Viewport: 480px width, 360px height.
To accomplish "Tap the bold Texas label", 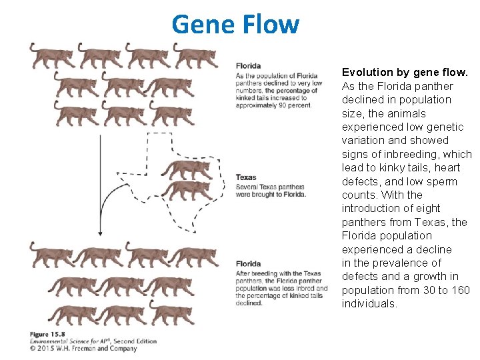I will (x=246, y=178).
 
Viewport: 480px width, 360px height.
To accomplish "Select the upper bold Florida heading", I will (x=248, y=65).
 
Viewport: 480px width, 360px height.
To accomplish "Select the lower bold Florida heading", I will (x=248, y=264).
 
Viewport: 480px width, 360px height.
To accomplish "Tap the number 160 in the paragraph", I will (x=460, y=290).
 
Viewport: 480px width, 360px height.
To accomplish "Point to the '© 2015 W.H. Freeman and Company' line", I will (x=83, y=348).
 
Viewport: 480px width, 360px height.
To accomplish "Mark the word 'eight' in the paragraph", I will (x=427, y=208).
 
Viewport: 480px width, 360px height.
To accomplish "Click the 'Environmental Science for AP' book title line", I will (x=73, y=341).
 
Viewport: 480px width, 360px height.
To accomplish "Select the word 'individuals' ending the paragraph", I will (x=369, y=304).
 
